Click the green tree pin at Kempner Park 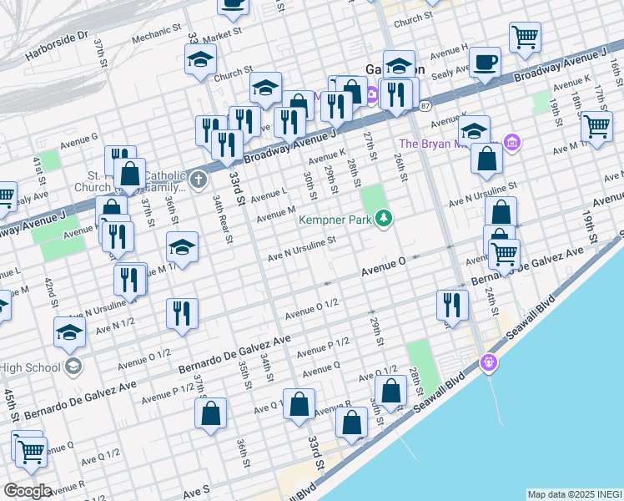384,219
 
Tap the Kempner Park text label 336,220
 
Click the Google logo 28,491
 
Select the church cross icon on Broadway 198,179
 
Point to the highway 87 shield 425,106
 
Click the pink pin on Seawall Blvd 489,363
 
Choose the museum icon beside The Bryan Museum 512,144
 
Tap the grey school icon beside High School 73,366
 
